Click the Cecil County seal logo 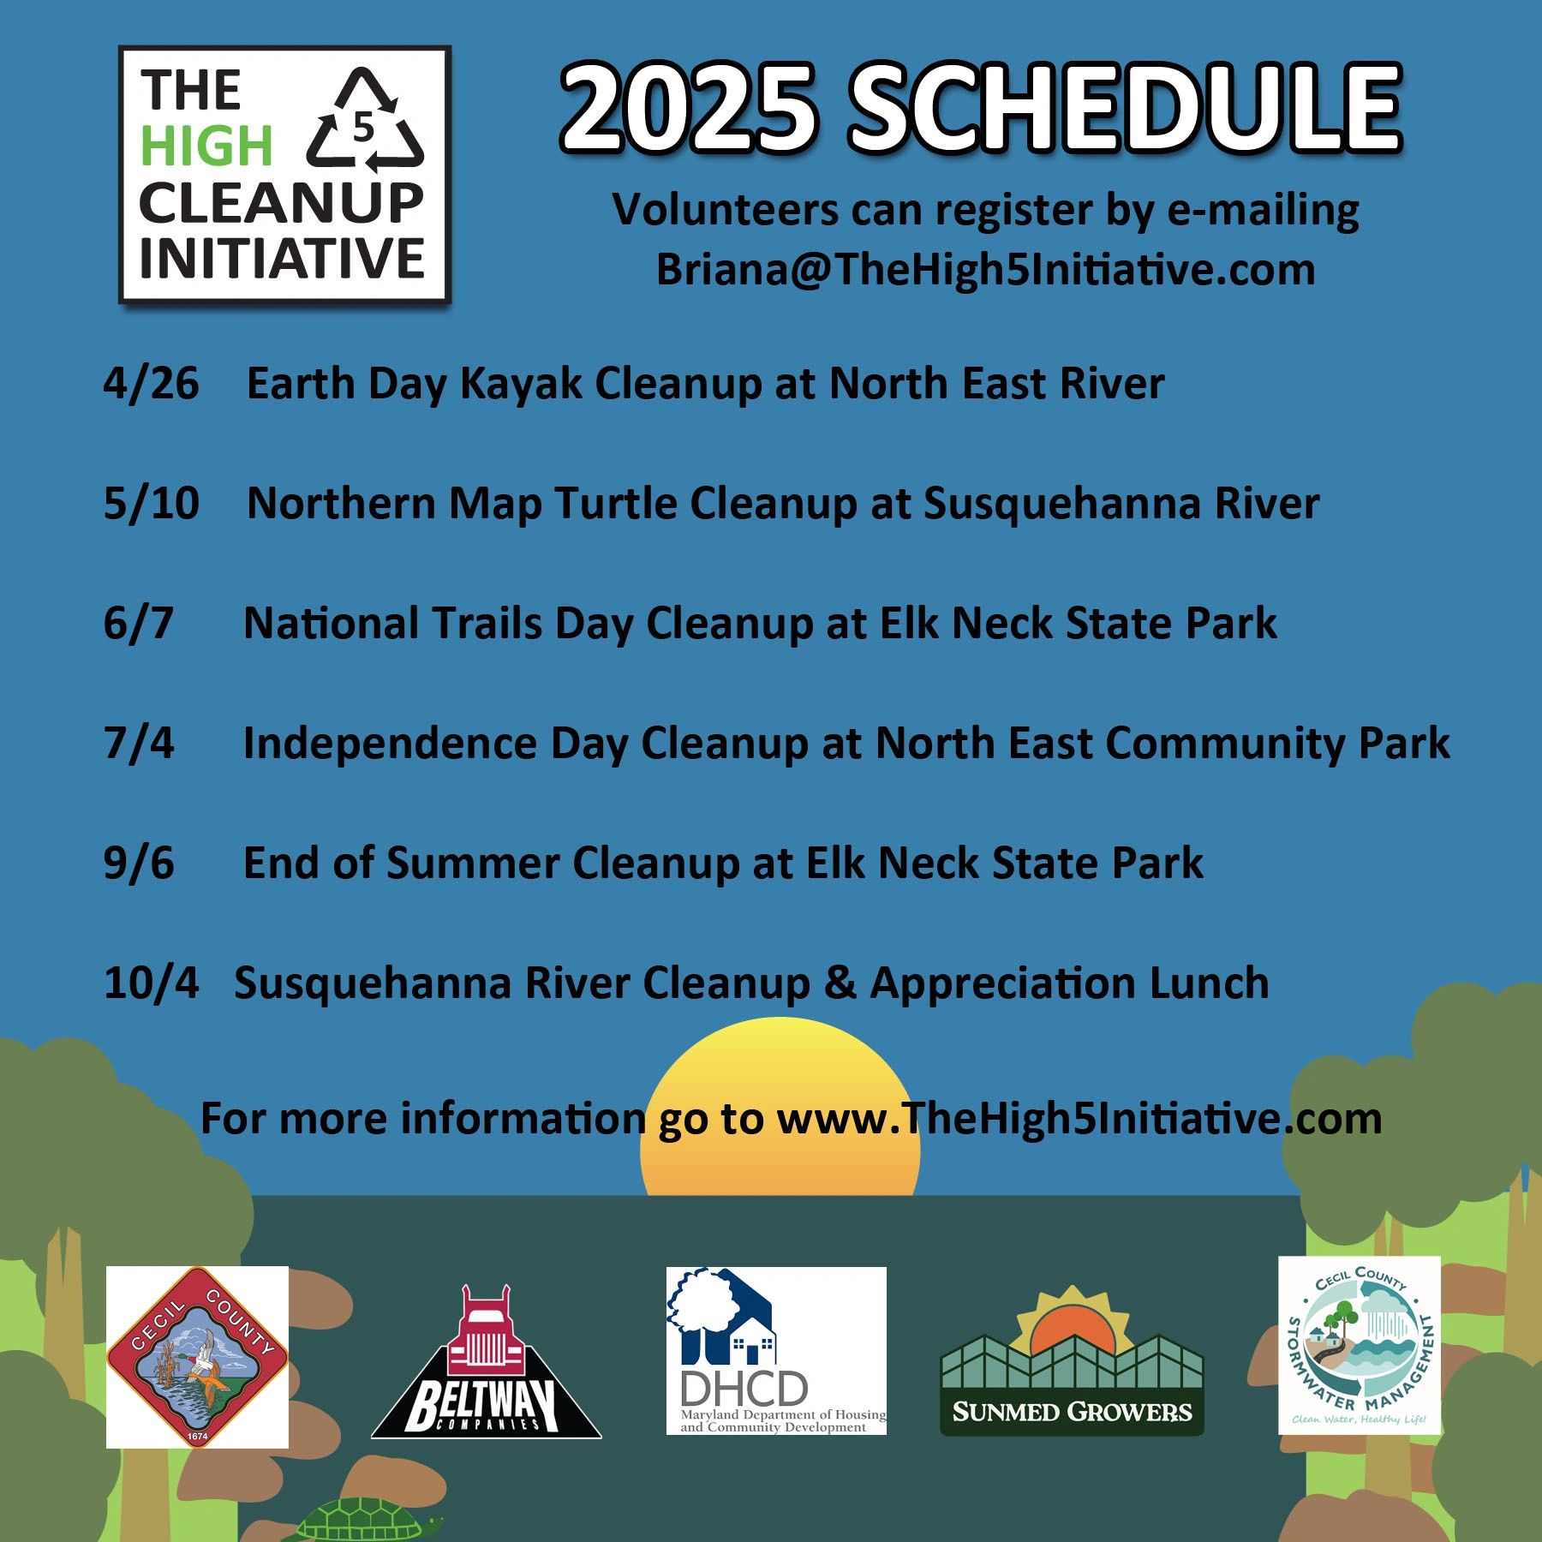(197, 1356)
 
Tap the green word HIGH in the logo (206, 146)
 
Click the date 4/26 (151, 384)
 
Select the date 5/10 (151, 504)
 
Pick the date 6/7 (138, 624)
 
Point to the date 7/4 (138, 744)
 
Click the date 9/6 (138, 864)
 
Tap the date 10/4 (151, 983)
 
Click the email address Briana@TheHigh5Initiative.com (986, 271)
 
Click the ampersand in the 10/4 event (840, 983)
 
